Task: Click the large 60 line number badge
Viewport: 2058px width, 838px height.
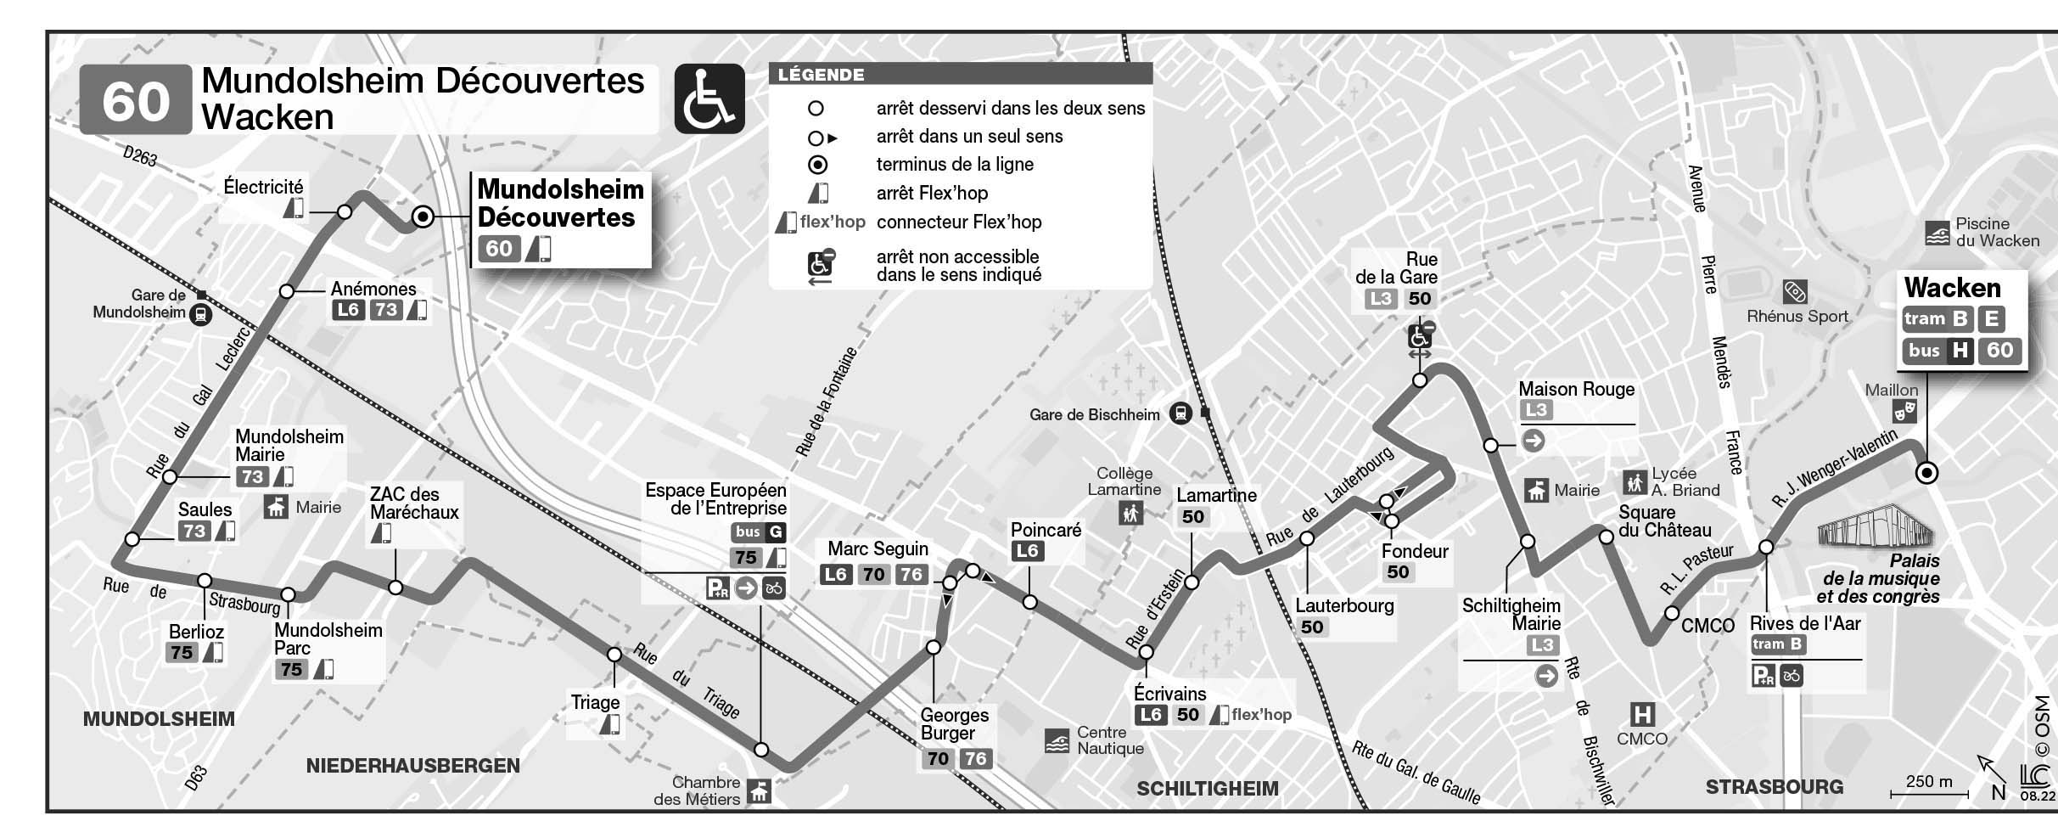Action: (x=136, y=100)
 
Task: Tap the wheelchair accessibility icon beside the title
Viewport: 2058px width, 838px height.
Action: (x=709, y=99)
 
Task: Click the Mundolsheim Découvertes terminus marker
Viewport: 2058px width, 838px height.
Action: (x=423, y=217)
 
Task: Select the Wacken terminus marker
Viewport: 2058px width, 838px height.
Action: (x=1927, y=473)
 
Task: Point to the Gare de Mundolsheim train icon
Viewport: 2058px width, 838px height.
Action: (x=200, y=315)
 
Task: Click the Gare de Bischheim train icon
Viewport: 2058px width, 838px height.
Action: (x=1180, y=413)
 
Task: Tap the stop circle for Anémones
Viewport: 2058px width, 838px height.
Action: (x=287, y=292)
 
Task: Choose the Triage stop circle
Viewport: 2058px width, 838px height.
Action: (x=614, y=655)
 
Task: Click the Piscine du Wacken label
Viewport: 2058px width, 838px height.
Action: (x=1996, y=232)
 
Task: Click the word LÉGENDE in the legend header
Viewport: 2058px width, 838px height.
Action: (x=821, y=75)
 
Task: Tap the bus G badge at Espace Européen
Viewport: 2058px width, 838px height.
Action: (x=759, y=532)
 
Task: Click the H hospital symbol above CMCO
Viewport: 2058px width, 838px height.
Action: (x=1643, y=714)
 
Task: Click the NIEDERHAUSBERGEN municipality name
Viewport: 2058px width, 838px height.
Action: (x=412, y=766)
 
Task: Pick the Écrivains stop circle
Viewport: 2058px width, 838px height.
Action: (x=1146, y=652)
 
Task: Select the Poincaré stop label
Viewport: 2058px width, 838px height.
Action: (x=1046, y=530)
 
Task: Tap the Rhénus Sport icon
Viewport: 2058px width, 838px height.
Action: (x=1794, y=292)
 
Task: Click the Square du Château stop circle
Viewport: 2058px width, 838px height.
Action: (x=1606, y=537)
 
